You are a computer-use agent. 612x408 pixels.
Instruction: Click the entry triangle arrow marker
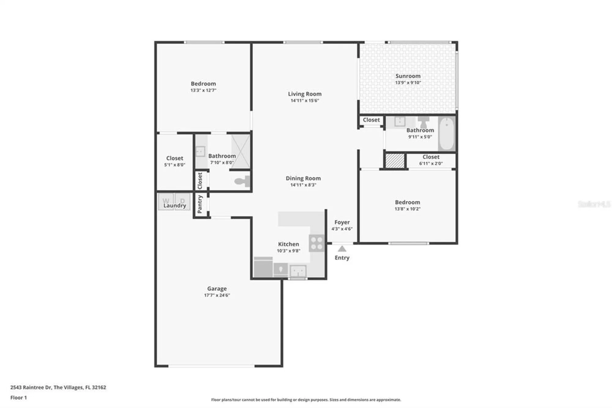pos(342,249)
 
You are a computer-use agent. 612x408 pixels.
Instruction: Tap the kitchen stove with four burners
pos(316,243)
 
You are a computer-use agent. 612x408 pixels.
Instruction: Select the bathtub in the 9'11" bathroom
pos(447,134)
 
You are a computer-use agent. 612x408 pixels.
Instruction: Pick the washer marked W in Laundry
pos(166,201)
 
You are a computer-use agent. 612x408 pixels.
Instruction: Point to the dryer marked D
pos(182,201)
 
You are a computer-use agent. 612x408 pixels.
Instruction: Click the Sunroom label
pos(408,76)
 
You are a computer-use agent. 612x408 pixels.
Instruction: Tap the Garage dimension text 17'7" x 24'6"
pos(217,295)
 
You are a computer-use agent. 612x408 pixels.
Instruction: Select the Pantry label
pos(200,204)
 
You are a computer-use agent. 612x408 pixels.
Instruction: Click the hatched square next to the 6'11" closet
pos(395,161)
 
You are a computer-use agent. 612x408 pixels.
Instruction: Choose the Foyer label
pos(342,222)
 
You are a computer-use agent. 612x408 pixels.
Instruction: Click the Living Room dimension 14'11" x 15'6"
pos(304,100)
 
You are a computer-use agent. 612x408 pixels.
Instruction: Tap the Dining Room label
pos(303,178)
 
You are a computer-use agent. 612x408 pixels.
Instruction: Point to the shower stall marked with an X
pos(240,151)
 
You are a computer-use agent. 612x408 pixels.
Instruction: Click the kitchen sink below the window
pos(298,271)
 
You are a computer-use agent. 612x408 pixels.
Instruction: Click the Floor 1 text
pos(18,398)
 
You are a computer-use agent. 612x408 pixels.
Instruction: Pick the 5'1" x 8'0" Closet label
pos(174,158)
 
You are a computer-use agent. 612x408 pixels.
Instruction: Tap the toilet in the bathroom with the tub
pos(424,122)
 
